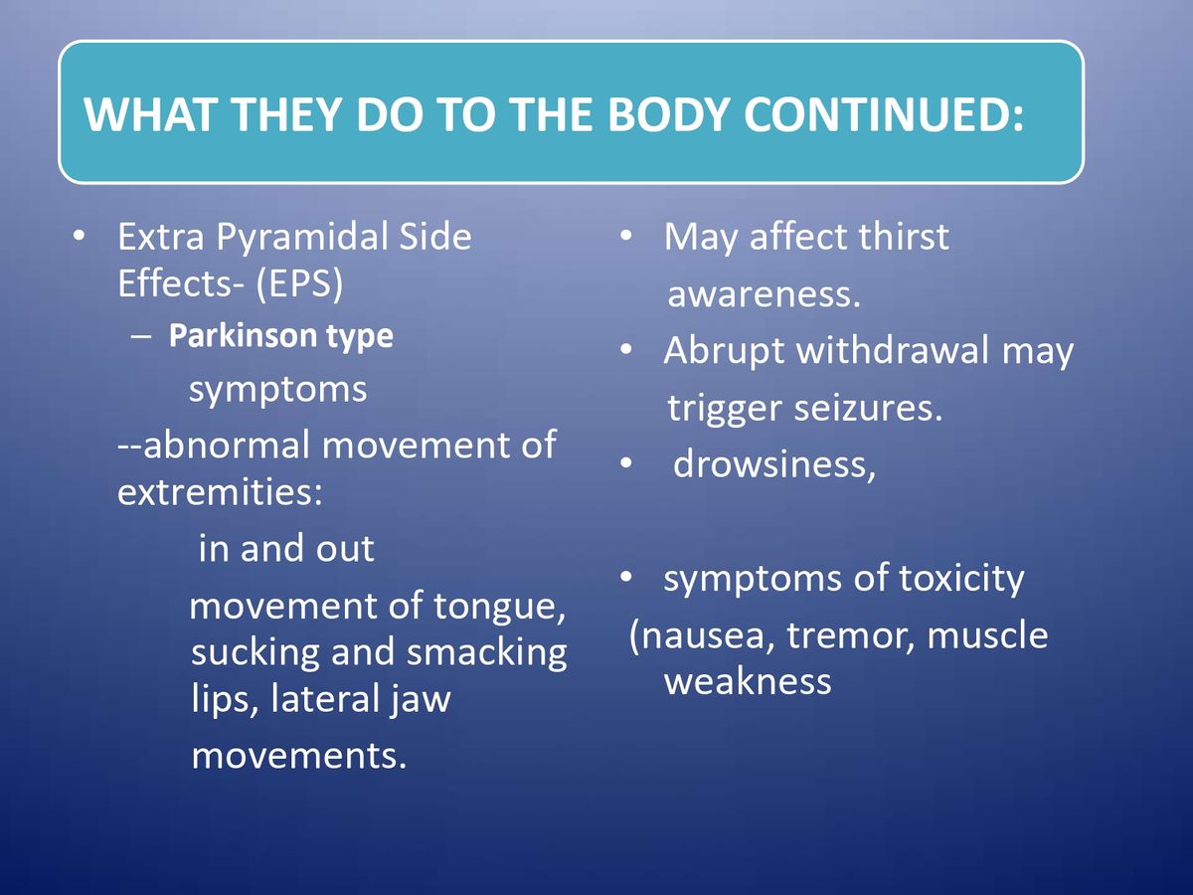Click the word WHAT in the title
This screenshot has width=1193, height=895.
pos(148,114)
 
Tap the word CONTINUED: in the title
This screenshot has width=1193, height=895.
pos(884,114)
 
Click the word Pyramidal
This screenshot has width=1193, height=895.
pos(301,238)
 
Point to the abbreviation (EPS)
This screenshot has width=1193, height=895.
pos(299,284)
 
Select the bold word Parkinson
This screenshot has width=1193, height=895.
pos(243,335)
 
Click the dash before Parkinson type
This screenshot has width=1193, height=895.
pos(141,337)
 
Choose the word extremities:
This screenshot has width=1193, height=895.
pos(220,492)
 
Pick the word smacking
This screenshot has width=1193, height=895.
pos(487,653)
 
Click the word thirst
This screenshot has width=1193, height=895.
pos(904,237)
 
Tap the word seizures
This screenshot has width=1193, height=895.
pos(868,408)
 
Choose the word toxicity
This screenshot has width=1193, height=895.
pos(961,579)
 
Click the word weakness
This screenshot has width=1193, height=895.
pos(748,681)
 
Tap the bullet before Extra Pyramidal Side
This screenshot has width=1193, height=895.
pos(80,237)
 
